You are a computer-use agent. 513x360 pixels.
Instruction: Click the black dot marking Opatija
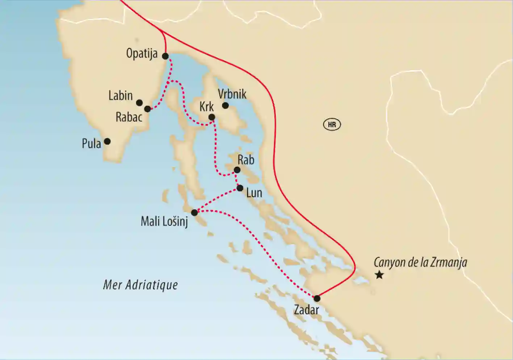click(x=165, y=56)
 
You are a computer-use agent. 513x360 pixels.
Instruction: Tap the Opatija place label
click(x=142, y=54)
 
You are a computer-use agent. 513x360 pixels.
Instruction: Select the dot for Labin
click(x=139, y=103)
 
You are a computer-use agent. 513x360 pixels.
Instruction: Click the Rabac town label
click(x=129, y=117)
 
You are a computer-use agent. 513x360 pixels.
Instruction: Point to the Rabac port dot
click(x=147, y=109)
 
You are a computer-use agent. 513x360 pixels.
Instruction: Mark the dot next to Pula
click(x=107, y=141)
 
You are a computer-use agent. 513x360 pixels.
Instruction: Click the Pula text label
click(x=91, y=144)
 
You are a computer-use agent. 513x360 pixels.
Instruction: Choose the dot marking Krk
click(x=212, y=117)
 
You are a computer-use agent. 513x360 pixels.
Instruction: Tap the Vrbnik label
click(x=232, y=94)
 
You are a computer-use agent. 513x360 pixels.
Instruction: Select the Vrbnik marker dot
click(x=225, y=105)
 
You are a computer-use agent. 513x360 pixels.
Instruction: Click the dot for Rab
click(x=237, y=170)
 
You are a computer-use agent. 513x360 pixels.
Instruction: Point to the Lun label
click(x=254, y=193)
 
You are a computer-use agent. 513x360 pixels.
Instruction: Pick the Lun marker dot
click(x=240, y=188)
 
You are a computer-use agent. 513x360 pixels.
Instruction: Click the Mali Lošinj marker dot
click(x=194, y=212)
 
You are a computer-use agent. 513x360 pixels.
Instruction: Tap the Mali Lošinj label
click(x=164, y=221)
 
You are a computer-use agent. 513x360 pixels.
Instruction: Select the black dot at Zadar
click(x=317, y=298)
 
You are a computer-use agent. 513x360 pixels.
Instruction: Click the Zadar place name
click(x=306, y=310)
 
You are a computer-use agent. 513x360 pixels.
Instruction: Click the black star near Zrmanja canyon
click(x=379, y=275)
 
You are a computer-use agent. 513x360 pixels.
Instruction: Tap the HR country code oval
click(x=332, y=125)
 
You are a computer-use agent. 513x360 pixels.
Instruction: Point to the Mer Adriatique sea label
click(x=140, y=285)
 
